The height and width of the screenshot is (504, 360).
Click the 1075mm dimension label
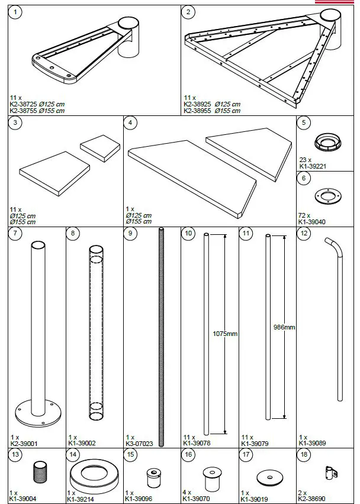tap(225, 334)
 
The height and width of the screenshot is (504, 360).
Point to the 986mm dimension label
tap(285, 327)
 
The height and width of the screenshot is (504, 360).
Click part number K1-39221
tap(311, 167)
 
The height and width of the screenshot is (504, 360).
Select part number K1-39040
tap(311, 222)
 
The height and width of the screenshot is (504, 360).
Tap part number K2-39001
tap(24, 442)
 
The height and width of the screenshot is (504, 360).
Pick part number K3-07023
tap(139, 442)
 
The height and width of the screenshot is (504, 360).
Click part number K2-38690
tap(311, 499)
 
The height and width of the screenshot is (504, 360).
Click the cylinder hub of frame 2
tap(330, 33)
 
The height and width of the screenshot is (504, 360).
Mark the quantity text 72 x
tap(304, 217)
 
